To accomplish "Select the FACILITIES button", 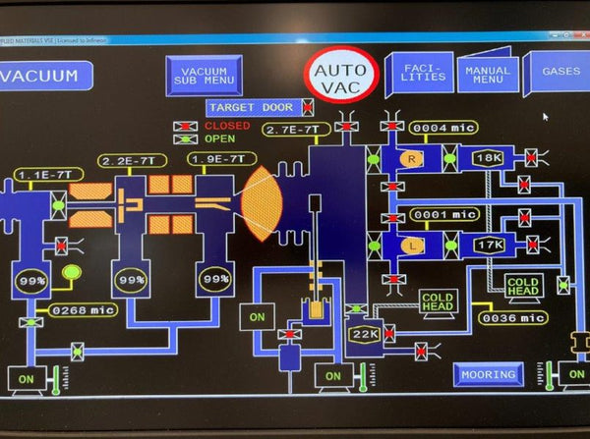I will click(417, 72).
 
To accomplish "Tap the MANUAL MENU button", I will click(487, 74).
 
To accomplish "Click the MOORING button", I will click(488, 375).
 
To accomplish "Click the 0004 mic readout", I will click(444, 128).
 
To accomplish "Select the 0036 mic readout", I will click(511, 317).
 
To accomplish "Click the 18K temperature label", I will click(488, 157).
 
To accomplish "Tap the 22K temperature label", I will click(363, 335).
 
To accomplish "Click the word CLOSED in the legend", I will click(227, 126).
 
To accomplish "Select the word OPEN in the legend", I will click(220, 138).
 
